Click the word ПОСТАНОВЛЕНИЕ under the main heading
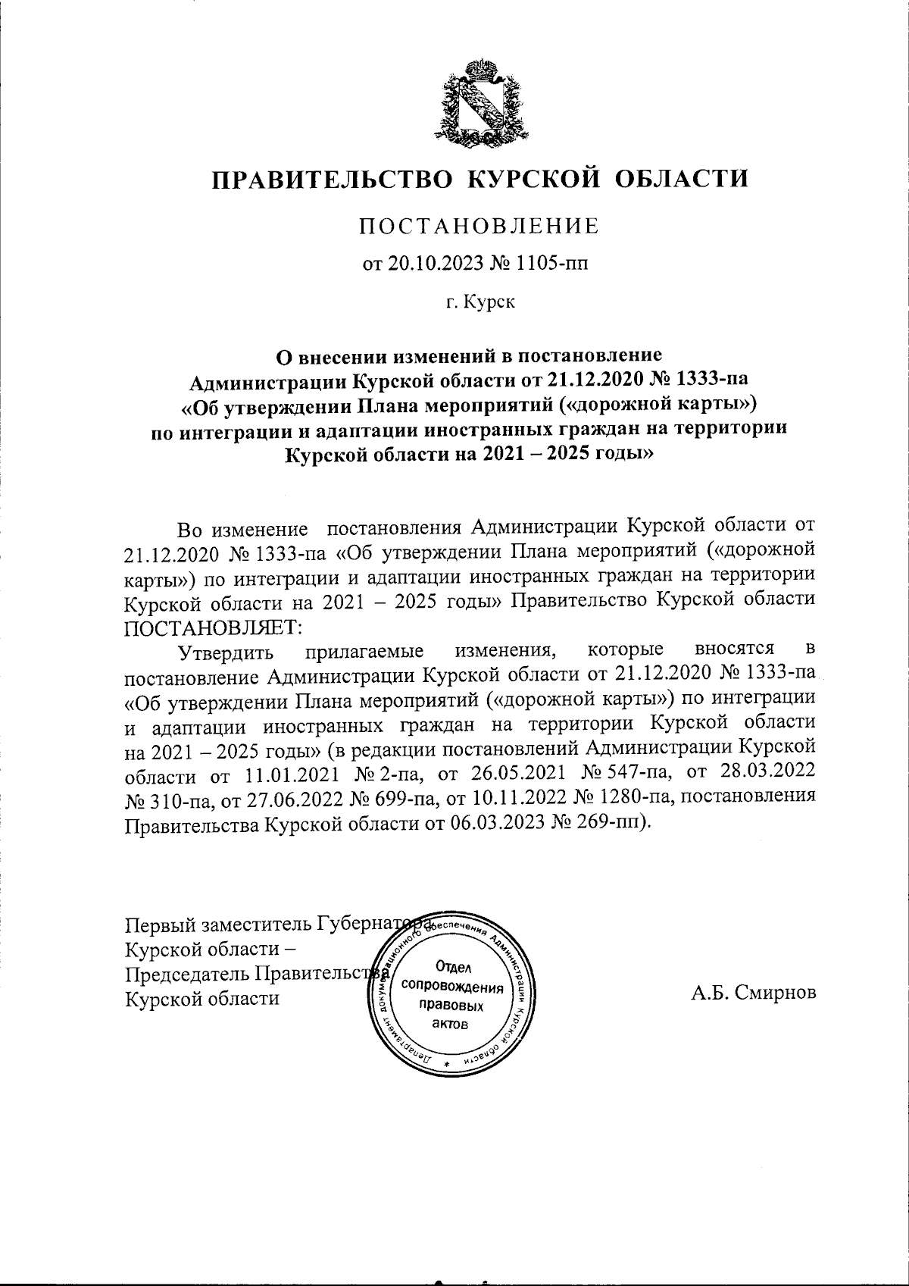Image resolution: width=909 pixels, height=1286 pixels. click(478, 225)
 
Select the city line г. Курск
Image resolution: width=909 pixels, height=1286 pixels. click(480, 302)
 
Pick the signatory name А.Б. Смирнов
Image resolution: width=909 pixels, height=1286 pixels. click(753, 993)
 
